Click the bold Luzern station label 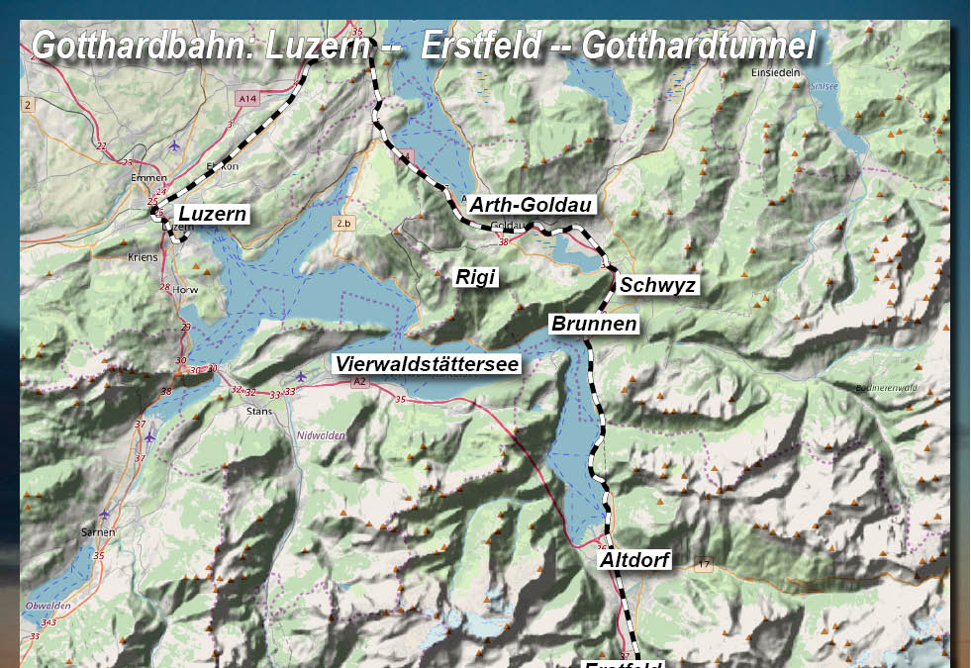click(x=212, y=213)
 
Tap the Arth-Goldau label click(x=531, y=206)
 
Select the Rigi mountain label click(x=474, y=277)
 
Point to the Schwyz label click(x=658, y=286)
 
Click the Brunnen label click(x=594, y=324)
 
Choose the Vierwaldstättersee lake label click(x=427, y=364)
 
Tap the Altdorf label click(x=634, y=560)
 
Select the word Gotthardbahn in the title click(x=143, y=46)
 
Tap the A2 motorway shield click(x=358, y=381)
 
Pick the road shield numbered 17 click(x=704, y=564)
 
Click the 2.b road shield click(x=343, y=224)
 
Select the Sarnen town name click(x=98, y=531)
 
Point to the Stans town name click(x=258, y=410)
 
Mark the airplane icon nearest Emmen click(x=174, y=145)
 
